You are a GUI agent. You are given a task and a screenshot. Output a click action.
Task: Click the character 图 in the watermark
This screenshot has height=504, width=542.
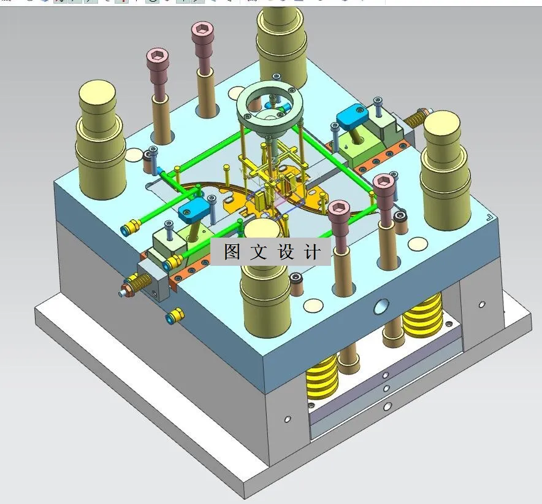232,252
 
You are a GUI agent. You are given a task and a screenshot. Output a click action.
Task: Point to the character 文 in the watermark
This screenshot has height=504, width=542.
259,252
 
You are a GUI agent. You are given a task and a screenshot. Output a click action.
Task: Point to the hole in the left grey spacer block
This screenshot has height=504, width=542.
288,419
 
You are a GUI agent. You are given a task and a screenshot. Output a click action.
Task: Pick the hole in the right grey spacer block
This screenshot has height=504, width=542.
481,304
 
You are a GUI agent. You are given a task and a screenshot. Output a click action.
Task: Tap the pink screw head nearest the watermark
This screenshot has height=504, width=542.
338,211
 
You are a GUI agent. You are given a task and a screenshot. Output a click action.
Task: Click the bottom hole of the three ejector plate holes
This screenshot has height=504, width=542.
387,406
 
